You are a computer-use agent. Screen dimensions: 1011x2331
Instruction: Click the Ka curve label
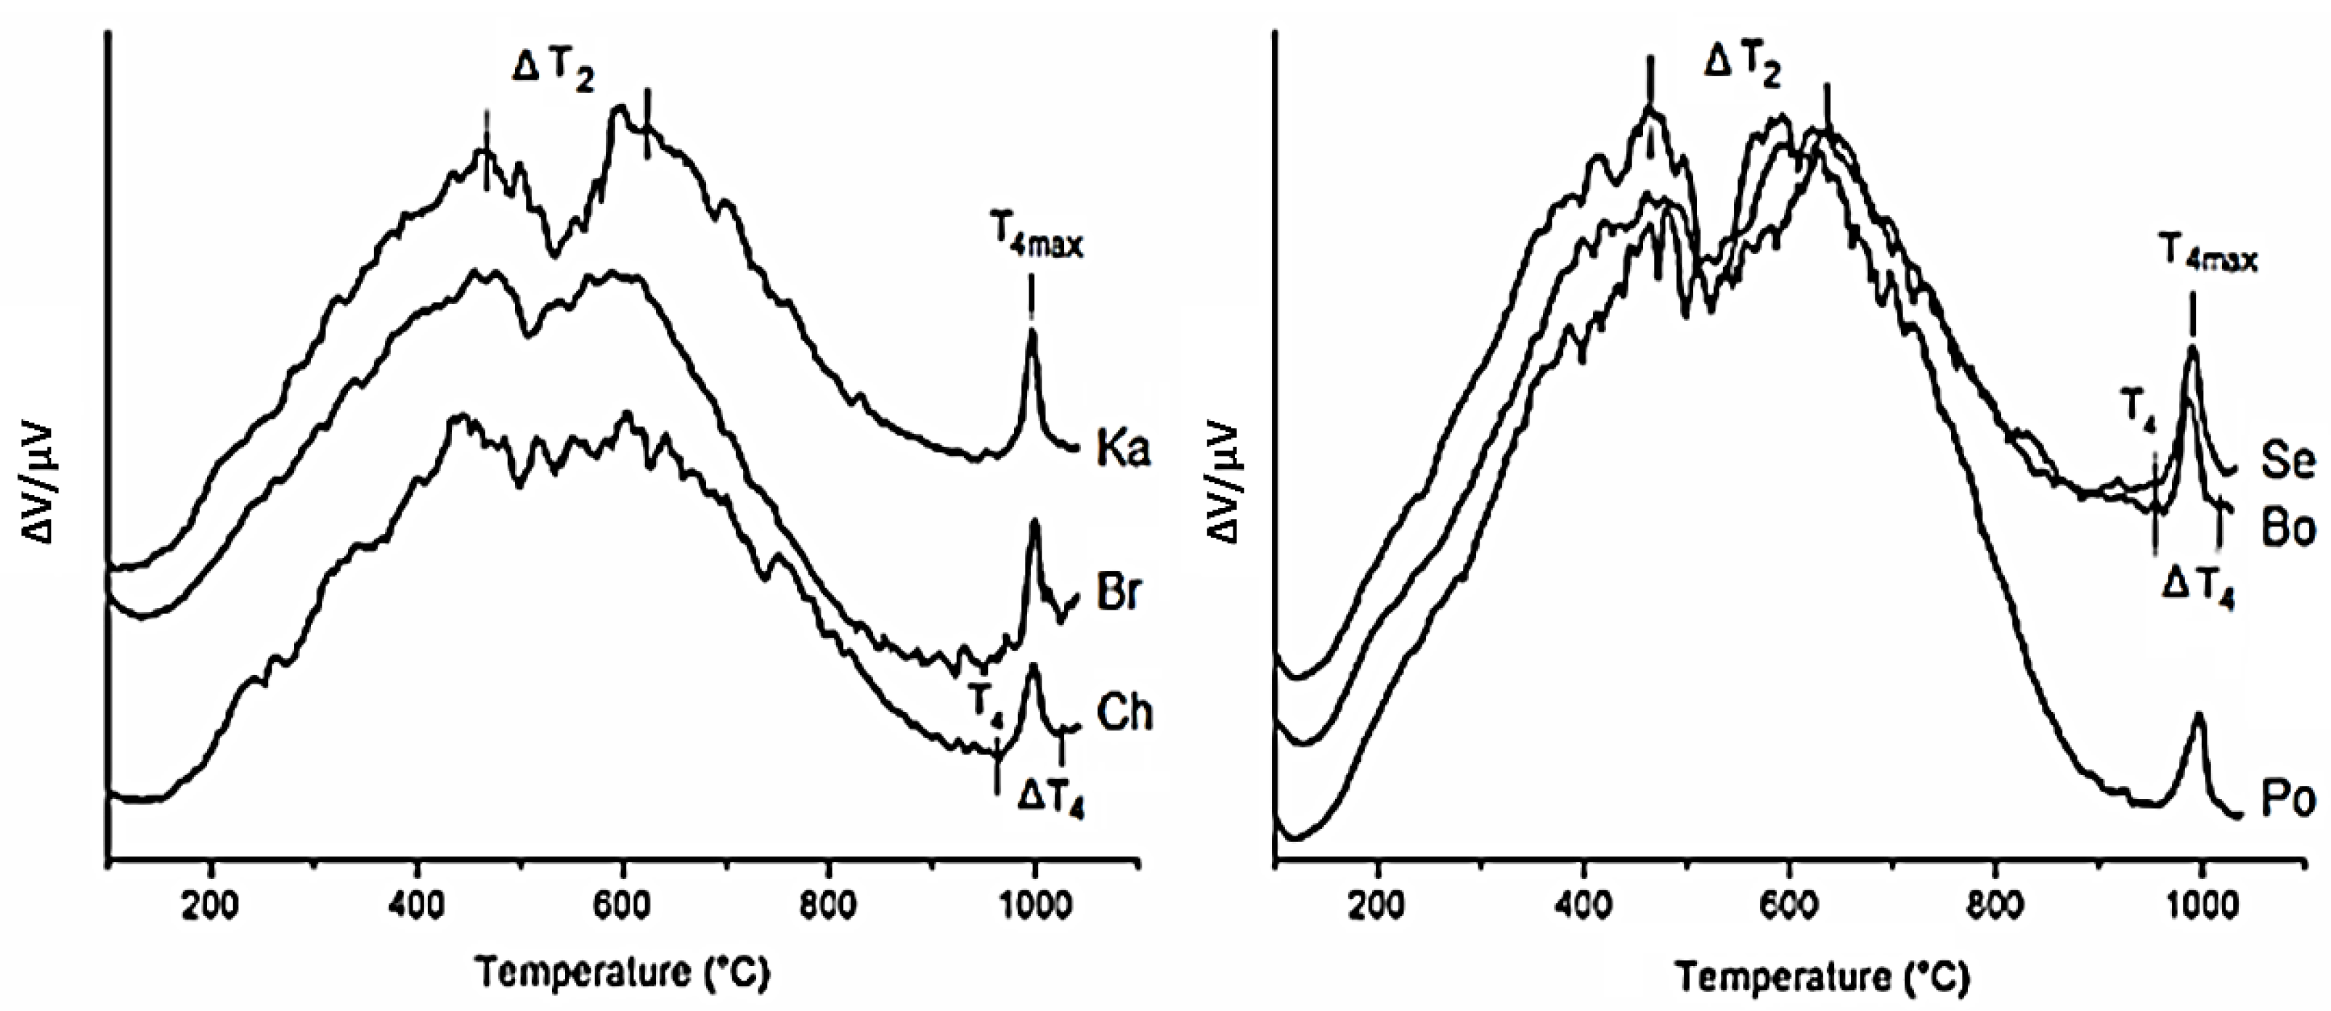(1123, 449)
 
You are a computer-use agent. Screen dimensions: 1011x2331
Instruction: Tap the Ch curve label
(1124, 713)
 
